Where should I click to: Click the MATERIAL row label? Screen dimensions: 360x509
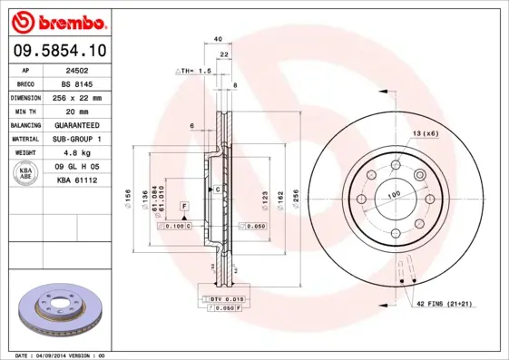point(24,139)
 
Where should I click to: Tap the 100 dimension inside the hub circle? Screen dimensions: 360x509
point(395,195)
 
